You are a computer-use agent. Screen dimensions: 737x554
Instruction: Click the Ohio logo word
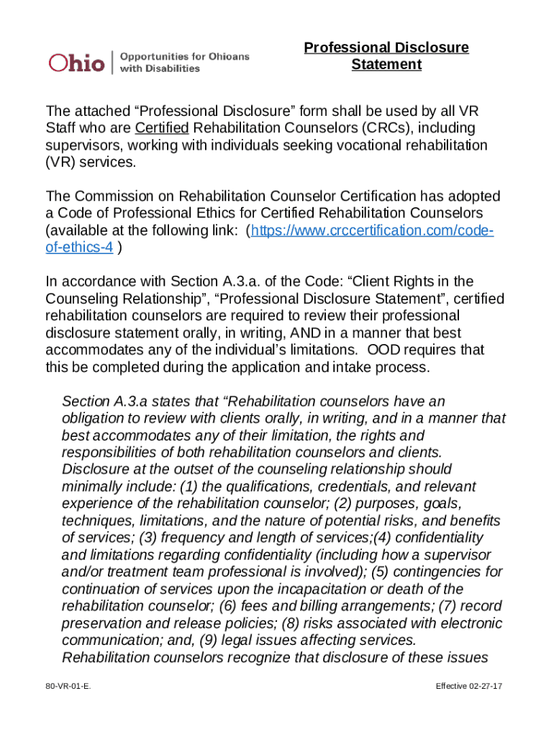click(76, 63)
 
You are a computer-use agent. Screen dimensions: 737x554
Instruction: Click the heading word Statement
click(386, 65)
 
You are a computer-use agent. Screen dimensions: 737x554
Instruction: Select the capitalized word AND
click(310, 333)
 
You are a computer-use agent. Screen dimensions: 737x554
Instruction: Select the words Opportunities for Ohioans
click(184, 56)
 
